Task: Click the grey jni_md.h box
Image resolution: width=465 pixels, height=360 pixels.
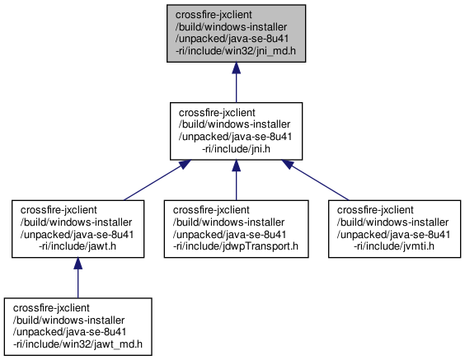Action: pyautogui.click(x=236, y=34)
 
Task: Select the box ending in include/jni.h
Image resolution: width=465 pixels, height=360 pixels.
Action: pyautogui.click(x=236, y=131)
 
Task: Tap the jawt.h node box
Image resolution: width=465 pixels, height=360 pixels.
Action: pyautogui.click(x=78, y=229)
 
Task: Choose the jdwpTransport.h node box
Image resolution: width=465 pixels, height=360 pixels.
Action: pyautogui.click(x=237, y=229)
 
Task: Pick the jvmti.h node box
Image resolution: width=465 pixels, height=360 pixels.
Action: pyautogui.click(x=394, y=229)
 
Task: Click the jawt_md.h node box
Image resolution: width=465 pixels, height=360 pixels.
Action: pyautogui.click(x=78, y=326)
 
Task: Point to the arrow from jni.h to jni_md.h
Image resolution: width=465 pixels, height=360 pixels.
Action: pyautogui.click(x=236, y=82)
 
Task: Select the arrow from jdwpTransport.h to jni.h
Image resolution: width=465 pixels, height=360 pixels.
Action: pyautogui.click(x=236, y=180)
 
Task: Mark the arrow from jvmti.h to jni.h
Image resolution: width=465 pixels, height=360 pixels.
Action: pyautogui.click(x=315, y=180)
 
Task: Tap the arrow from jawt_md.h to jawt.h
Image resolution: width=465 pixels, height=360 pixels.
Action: pyautogui.click(x=78, y=278)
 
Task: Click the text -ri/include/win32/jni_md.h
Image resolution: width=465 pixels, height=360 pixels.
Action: pyautogui.click(x=236, y=51)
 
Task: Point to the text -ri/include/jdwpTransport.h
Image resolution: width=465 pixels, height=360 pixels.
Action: pyautogui.click(x=236, y=246)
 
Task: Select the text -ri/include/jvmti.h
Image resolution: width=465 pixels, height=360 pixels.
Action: pyautogui.click(x=394, y=246)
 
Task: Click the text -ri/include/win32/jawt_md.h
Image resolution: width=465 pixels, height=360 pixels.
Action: pyautogui.click(x=77, y=344)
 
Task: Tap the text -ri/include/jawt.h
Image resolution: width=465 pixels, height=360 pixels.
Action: pyautogui.click(x=77, y=246)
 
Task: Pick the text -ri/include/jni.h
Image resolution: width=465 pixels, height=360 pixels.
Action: pyautogui.click(x=236, y=149)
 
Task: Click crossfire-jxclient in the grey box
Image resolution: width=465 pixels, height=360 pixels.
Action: pyautogui.click(x=214, y=15)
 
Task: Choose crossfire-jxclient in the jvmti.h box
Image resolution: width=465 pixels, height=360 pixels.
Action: pyautogui.click(x=375, y=210)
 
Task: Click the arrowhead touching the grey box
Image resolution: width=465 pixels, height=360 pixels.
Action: pyautogui.click(x=236, y=68)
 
